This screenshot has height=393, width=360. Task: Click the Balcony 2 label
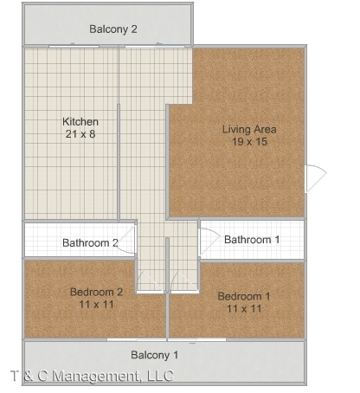[113, 29]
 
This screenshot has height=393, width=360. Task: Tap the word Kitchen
[80, 122]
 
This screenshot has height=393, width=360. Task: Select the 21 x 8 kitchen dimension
[80, 134]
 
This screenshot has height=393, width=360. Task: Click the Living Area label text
[249, 130]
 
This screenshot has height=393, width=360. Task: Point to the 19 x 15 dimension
[249, 142]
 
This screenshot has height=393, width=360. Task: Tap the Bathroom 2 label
[90, 242]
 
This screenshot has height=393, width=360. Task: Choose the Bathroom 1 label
[252, 239]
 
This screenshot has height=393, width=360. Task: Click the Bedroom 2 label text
[96, 292]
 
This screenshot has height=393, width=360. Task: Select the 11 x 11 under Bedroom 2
[96, 304]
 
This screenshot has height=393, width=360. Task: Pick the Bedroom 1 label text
[243, 296]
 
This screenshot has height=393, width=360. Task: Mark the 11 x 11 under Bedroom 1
[243, 308]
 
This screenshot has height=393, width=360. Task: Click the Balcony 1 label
[155, 355]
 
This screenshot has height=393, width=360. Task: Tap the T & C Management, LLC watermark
[92, 376]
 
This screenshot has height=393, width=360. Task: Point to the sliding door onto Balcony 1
[166, 339]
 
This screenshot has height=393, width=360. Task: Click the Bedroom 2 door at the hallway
[148, 282]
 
